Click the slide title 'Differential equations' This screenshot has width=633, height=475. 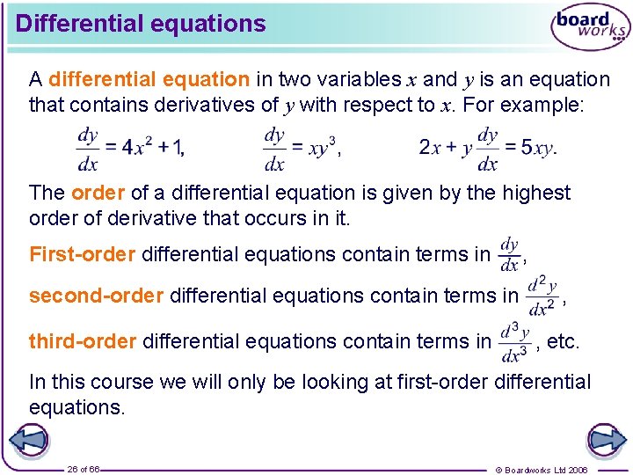pyautogui.click(x=141, y=24)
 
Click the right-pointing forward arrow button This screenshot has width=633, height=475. pyautogui.click(x=606, y=440)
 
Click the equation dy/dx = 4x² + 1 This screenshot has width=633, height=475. pyautogui.click(x=130, y=149)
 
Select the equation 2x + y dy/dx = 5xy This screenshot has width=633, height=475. pyautogui.click(x=487, y=149)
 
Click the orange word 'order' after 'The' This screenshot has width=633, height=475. pyautogui.click(x=98, y=193)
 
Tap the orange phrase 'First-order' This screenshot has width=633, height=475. pyautogui.click(x=82, y=255)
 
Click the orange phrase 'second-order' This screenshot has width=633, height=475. pyautogui.click(x=96, y=296)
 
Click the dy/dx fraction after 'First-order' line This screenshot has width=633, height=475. pyautogui.click(x=509, y=254)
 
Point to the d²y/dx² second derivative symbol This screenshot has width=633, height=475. pyautogui.click(x=542, y=296)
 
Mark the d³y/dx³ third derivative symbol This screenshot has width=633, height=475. pyautogui.click(x=514, y=341)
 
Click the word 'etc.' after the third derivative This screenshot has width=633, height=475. pyautogui.click(x=564, y=340)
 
